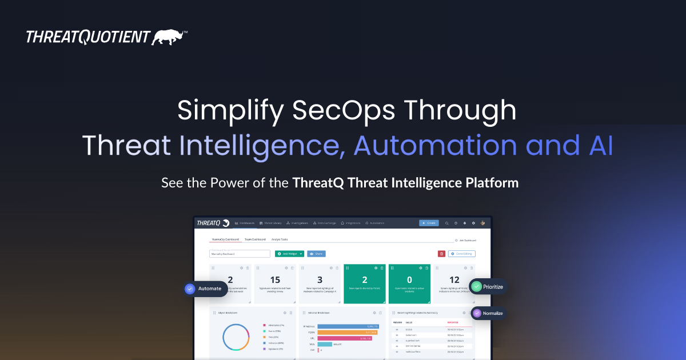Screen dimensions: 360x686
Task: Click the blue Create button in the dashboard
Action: [x=429, y=223]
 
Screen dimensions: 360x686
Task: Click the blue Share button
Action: [x=316, y=254]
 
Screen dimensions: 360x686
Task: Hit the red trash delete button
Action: [x=441, y=254]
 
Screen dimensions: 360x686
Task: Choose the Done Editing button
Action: [x=461, y=254]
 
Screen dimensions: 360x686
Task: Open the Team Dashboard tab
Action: [x=256, y=239]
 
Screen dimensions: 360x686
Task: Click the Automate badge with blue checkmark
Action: [x=204, y=289]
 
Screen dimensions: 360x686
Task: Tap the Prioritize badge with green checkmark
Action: [x=488, y=286]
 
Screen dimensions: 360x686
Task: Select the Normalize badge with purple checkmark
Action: [x=489, y=313]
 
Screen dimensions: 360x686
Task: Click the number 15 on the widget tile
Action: [x=275, y=279]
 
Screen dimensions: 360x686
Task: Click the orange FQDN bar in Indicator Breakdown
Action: [x=347, y=332]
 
